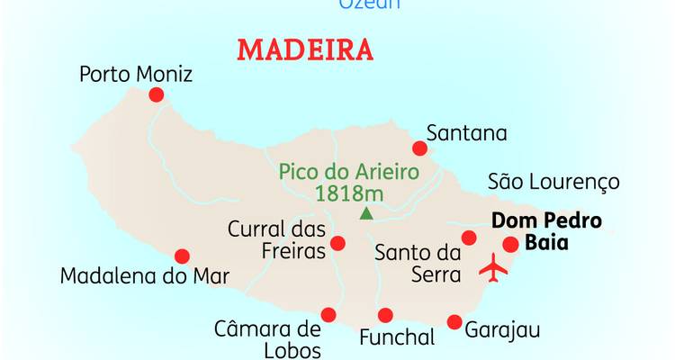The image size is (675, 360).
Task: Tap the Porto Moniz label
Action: pyautogui.click(x=136, y=74)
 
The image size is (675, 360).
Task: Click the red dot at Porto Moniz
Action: pyautogui.click(x=157, y=94)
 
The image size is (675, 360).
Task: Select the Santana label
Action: pyautogui.click(x=467, y=133)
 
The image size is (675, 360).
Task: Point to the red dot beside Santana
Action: pyautogui.click(x=419, y=148)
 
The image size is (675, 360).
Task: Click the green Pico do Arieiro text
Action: pyautogui.click(x=348, y=170)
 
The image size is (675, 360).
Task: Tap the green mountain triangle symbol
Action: pyautogui.click(x=365, y=213)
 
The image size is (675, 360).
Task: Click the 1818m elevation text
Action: pyautogui.click(x=348, y=193)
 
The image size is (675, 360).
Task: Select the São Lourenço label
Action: pyautogui.click(x=553, y=182)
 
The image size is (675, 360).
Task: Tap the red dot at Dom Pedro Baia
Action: pyautogui.click(x=510, y=244)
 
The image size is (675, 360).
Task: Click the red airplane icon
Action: pyautogui.click(x=493, y=266)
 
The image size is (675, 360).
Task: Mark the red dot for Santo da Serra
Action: pyautogui.click(x=468, y=238)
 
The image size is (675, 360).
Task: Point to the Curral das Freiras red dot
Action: pyautogui.click(x=337, y=243)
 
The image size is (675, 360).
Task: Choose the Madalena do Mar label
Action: pyautogui.click(x=145, y=275)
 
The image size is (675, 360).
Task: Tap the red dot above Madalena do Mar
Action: pyautogui.click(x=182, y=256)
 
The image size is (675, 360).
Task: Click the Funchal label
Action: pyautogui.click(x=397, y=338)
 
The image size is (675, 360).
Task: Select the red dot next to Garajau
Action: pyautogui.click(x=454, y=322)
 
